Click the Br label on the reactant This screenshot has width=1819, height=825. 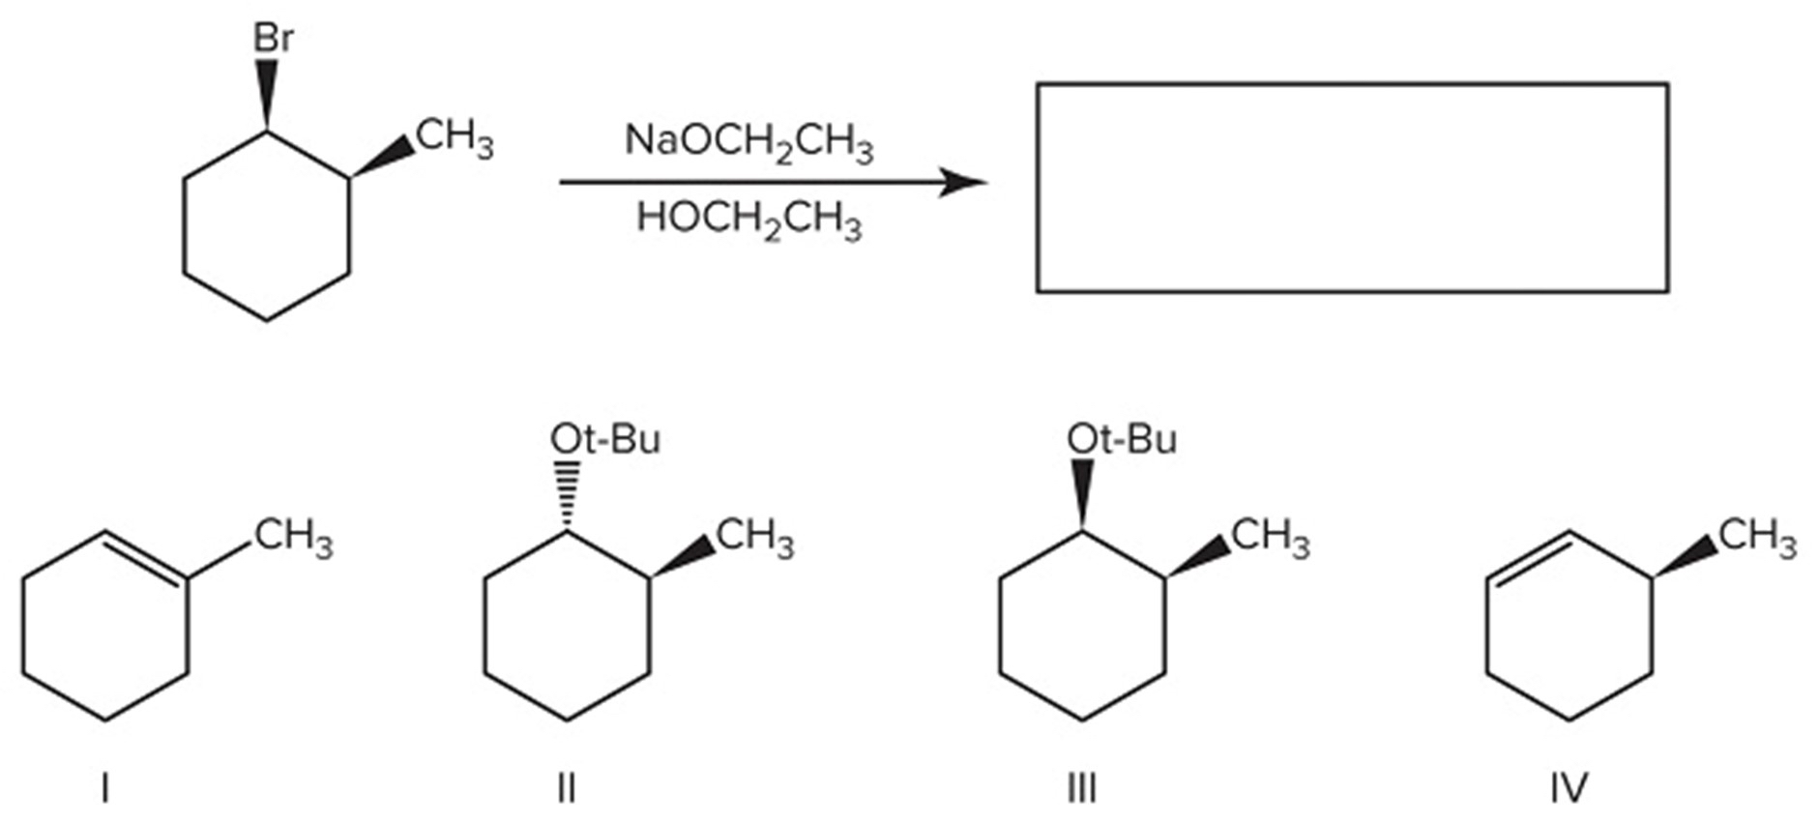(x=273, y=39)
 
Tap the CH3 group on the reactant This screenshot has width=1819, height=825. (x=454, y=138)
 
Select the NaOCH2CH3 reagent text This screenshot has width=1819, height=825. (x=748, y=142)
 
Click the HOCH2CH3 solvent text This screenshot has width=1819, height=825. (x=748, y=220)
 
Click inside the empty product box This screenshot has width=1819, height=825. (x=1351, y=188)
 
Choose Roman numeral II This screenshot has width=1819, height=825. (x=567, y=789)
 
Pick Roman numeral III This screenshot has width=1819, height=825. (x=1081, y=789)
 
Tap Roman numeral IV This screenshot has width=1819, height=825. (x=1569, y=789)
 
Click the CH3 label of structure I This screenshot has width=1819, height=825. (x=293, y=538)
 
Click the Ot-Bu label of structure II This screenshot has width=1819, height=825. (x=605, y=440)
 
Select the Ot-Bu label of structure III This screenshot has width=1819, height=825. (x=1122, y=440)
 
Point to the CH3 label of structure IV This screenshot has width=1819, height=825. (x=1756, y=538)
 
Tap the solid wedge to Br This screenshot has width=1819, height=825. (x=267, y=95)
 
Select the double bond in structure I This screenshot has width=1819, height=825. (x=146, y=555)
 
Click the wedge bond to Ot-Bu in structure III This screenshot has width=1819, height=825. (x=1082, y=494)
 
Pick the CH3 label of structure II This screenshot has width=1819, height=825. (x=754, y=538)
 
